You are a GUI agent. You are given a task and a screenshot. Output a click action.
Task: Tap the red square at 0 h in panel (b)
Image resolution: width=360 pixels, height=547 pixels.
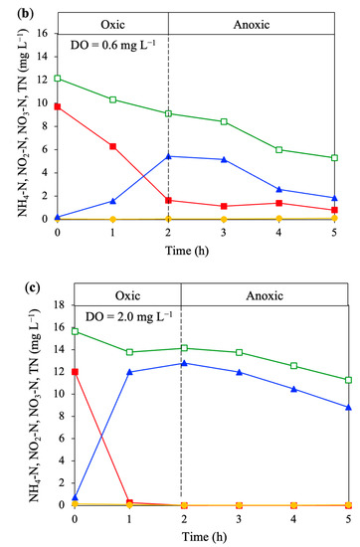[x=58, y=106]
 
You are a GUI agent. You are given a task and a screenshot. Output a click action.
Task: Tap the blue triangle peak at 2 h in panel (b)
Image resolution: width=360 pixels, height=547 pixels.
[x=168, y=156]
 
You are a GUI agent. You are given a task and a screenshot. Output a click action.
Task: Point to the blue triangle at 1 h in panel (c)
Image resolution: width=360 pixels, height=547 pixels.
[x=128, y=372]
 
